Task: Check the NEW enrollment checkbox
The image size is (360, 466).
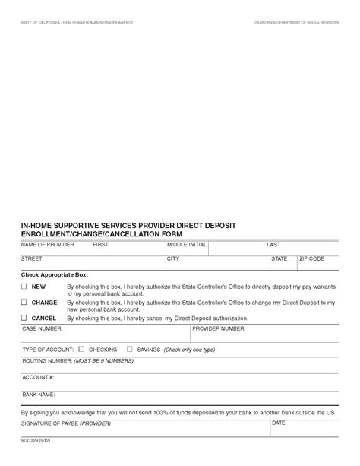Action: [24, 286]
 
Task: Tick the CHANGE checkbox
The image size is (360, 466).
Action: [24, 302]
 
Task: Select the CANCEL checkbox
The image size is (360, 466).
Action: [24, 318]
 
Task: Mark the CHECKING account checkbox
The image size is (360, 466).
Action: [81, 349]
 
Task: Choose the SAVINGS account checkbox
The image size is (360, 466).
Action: [129, 349]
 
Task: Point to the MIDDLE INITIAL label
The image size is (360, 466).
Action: [187, 246]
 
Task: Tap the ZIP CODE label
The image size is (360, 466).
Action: [311, 259]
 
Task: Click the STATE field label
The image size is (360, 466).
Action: [279, 259]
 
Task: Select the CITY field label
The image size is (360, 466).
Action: [173, 259]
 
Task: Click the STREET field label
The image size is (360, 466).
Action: [32, 259]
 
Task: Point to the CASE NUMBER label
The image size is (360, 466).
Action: [43, 328]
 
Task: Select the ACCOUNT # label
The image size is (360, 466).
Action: [38, 377]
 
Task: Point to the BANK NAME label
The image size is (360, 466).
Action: [39, 395]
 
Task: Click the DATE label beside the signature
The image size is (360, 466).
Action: [278, 422]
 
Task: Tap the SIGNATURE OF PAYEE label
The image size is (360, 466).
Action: [65, 422]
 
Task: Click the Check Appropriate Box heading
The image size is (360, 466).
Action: [55, 274]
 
